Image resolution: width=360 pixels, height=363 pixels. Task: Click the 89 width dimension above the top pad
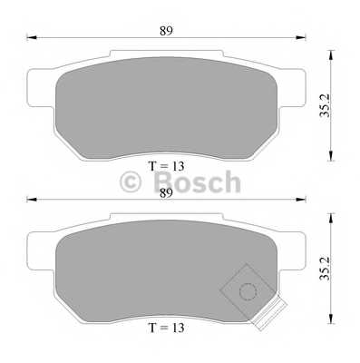click(x=165, y=30)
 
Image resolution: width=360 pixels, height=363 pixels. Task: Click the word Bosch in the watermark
click(x=196, y=183)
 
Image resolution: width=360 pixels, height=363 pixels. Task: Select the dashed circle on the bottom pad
click(x=246, y=290)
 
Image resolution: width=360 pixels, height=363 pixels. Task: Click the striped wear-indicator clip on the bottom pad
click(x=268, y=317)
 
